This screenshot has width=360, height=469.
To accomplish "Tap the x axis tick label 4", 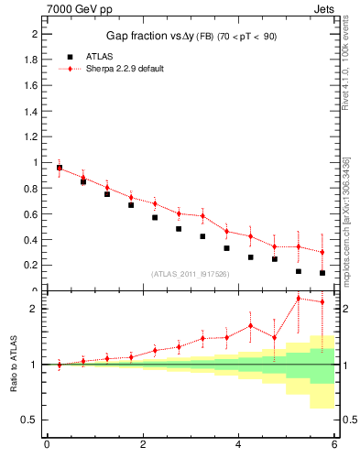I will (238, 446).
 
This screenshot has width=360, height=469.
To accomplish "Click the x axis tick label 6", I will (334, 446).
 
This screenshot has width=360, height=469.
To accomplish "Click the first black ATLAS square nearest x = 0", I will (60, 168).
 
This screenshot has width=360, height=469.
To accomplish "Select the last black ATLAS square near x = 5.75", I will (322, 273).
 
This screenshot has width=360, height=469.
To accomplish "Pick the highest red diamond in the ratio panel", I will (299, 298).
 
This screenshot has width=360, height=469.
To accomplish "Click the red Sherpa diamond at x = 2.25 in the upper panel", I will (155, 203).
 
